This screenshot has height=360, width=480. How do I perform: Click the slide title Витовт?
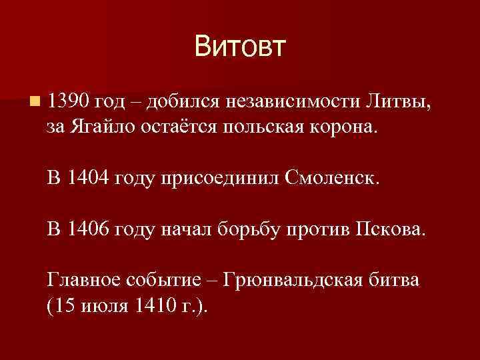(x=240, y=47)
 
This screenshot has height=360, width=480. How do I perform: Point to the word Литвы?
(x=398, y=102)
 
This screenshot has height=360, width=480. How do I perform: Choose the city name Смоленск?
(x=335, y=179)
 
